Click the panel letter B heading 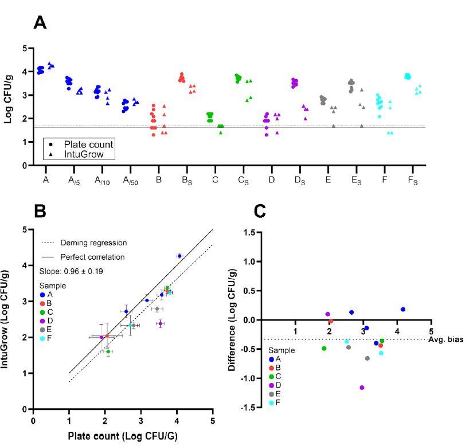(x=40, y=210)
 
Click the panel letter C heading (x=260, y=210)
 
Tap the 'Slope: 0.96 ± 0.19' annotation (x=72, y=271)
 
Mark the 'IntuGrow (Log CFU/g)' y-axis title (x=10, y=319)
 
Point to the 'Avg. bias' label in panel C (x=448, y=339)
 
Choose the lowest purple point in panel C (x=362, y=388)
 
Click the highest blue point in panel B (x=179, y=256)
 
